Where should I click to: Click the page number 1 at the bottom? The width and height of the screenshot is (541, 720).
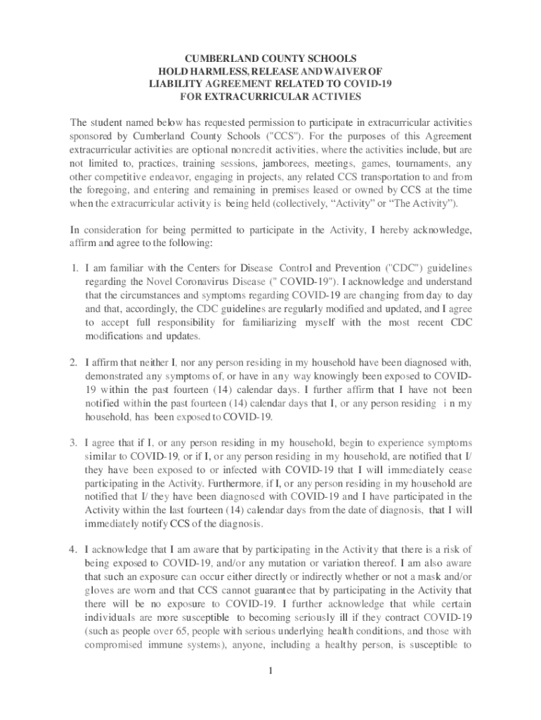[x=270, y=669]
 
